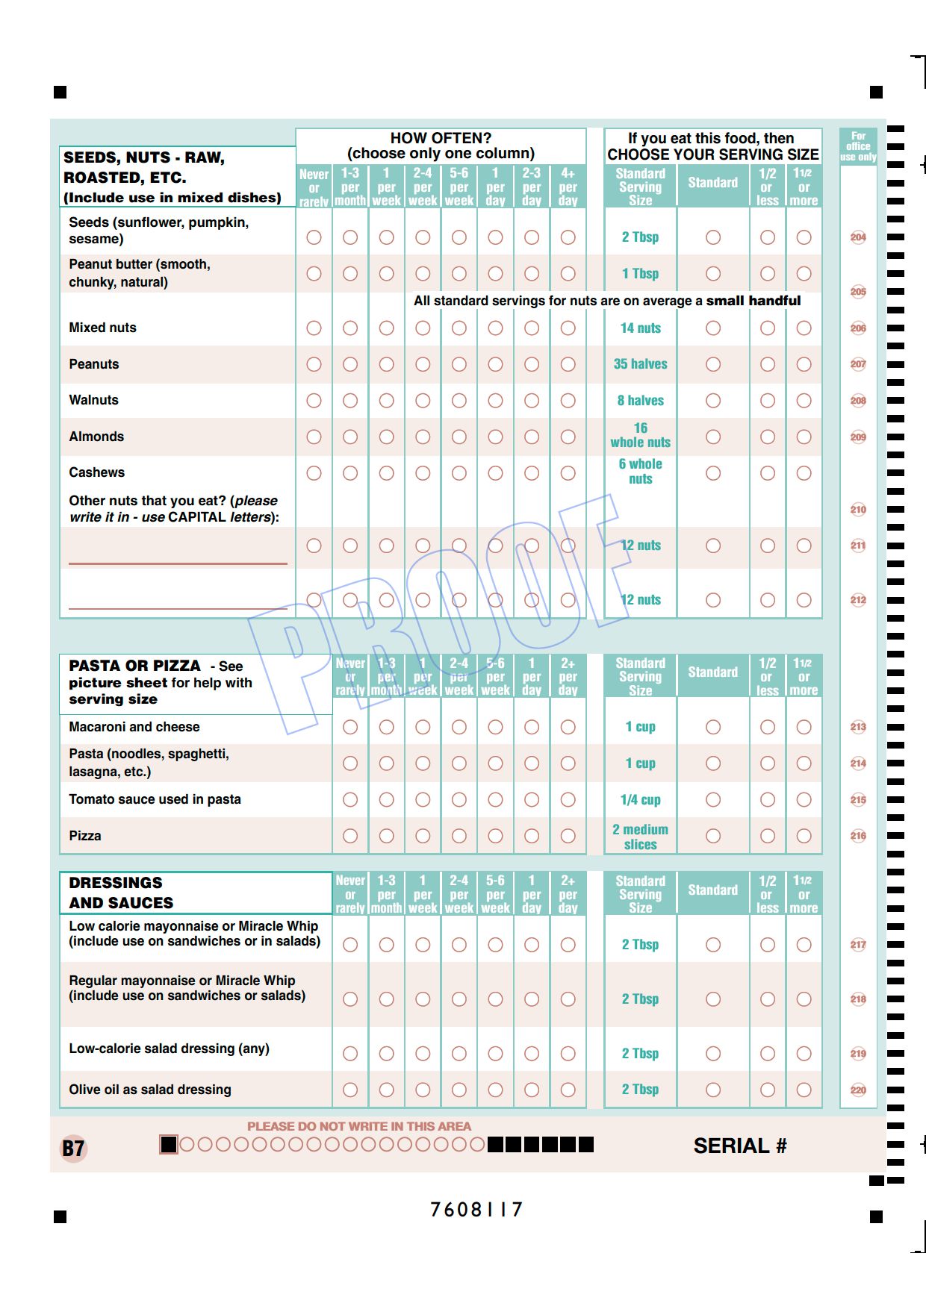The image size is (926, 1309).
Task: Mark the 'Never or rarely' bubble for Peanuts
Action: pos(314,364)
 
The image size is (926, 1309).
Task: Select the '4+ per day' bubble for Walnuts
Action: pos(568,401)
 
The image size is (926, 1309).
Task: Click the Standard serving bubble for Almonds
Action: pos(713,437)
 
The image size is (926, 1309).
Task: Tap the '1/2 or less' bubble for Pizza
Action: pos(767,836)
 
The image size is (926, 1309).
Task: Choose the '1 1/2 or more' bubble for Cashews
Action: pos(804,473)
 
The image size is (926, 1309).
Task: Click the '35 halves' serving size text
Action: pos(640,364)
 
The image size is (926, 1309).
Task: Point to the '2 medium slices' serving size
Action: pos(640,837)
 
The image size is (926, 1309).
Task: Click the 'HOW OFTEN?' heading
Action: pos(441,138)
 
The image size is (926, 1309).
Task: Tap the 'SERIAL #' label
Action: pos(739,1146)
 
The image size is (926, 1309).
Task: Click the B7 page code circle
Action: pos(73,1149)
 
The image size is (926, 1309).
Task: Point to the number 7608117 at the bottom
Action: pos(476,1210)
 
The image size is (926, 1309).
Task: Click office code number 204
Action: pos(858,237)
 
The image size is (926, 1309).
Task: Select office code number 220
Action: pos(858,1090)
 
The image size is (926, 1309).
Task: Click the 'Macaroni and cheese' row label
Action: pos(134,727)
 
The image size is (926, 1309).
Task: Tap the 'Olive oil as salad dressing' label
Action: pos(150,1090)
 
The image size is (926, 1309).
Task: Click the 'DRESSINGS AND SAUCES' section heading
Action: pos(121,893)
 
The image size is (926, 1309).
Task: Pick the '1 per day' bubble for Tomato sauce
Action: pos(532,800)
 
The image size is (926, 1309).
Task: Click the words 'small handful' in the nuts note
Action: pos(753,301)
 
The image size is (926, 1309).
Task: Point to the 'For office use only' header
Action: pos(858,147)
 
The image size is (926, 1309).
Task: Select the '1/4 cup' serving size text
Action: pos(640,800)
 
